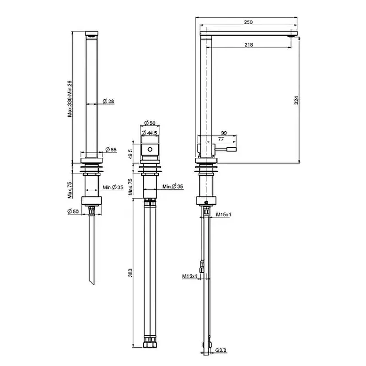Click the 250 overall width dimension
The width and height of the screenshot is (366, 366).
(248, 22)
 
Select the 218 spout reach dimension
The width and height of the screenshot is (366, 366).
(249, 44)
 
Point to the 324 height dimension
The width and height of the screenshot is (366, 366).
(296, 100)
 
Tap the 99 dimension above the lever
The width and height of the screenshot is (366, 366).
(224, 133)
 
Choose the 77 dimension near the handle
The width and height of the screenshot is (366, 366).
(221, 139)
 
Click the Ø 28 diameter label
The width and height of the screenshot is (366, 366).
(108, 101)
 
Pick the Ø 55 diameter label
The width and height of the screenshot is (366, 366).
(111, 150)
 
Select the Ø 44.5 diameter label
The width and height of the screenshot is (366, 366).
(150, 133)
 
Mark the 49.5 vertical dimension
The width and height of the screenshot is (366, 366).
(130, 154)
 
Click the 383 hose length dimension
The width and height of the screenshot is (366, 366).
(130, 273)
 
